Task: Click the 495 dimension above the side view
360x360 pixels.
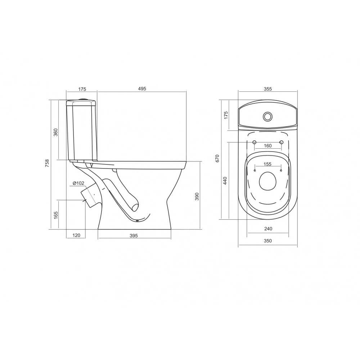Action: [x=142, y=89]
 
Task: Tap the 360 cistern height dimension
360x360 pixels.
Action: [x=55, y=132]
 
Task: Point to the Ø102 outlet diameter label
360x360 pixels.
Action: [x=78, y=183]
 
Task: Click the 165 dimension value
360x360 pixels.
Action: [x=55, y=215]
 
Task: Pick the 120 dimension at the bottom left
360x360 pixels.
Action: [x=76, y=235]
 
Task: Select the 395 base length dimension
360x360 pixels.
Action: [x=134, y=235]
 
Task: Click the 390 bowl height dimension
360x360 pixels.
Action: [x=197, y=196]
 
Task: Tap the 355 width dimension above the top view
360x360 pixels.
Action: [x=268, y=89]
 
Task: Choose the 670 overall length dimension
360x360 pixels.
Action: [x=217, y=158]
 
